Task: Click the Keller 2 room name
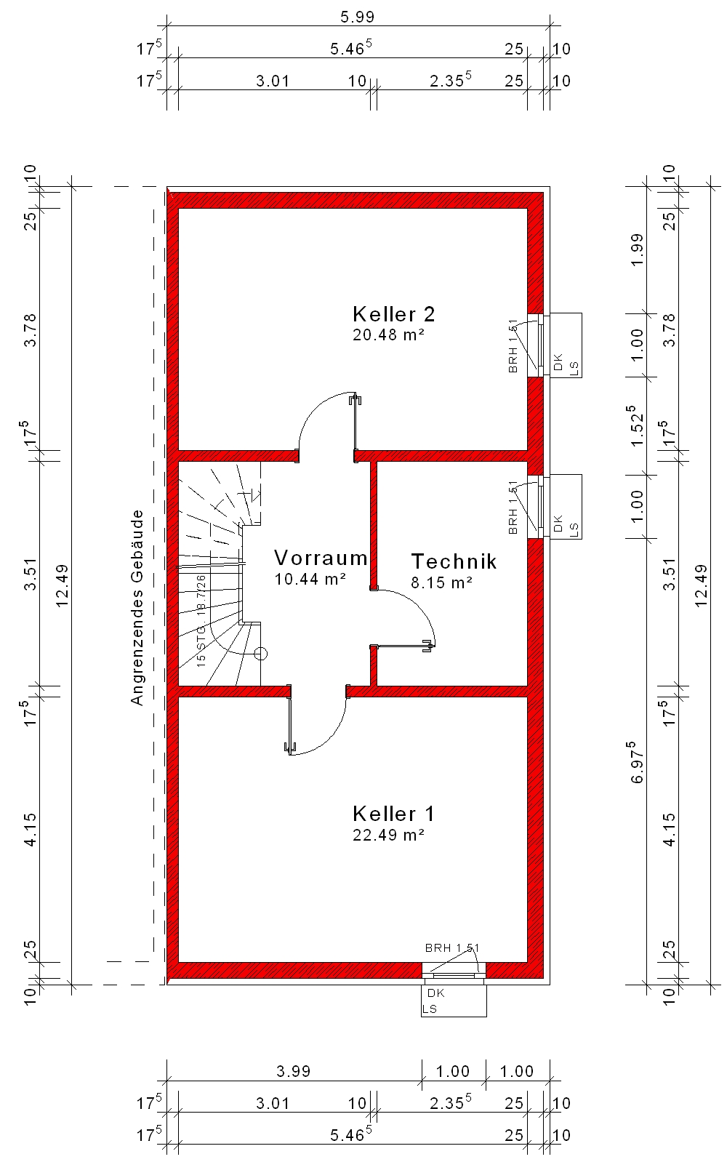[393, 314]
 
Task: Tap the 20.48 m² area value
[388, 334]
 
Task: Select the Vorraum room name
[321, 558]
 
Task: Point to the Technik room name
[454, 561]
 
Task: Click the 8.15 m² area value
[441, 582]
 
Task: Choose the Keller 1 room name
[393, 814]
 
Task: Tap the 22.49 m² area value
[388, 835]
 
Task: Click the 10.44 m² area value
[310, 579]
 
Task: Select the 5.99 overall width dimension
[357, 17]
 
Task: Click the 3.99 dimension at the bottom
[294, 1071]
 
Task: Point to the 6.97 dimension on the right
[637, 762]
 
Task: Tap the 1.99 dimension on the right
[637, 249]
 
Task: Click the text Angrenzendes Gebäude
[137, 607]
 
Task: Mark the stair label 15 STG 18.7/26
[201, 620]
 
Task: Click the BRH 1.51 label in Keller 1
[451, 947]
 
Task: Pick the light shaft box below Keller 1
[454, 1001]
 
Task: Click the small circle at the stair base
[260, 654]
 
